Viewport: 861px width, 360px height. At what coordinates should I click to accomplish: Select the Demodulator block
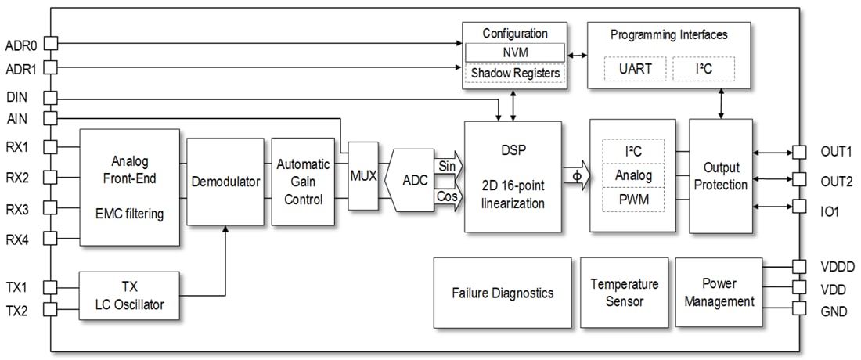[225, 182]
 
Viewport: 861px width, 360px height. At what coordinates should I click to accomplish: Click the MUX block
[363, 176]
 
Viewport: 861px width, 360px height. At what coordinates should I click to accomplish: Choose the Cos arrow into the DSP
[448, 196]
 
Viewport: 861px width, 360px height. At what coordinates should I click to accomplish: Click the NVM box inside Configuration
[514, 52]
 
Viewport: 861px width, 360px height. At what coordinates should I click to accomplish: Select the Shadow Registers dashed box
[514, 74]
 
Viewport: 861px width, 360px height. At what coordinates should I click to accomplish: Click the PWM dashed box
[633, 200]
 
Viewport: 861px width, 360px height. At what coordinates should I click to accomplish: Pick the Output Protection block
[720, 176]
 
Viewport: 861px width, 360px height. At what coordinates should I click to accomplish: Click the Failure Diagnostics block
[502, 293]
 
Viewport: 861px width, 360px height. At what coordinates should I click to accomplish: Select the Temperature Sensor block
[624, 292]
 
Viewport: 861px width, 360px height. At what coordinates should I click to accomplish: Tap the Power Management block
[719, 292]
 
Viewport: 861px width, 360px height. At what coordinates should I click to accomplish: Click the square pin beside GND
[798, 308]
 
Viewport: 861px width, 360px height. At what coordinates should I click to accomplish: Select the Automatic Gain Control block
[302, 182]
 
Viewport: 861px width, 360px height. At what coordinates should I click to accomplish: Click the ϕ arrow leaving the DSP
[576, 175]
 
